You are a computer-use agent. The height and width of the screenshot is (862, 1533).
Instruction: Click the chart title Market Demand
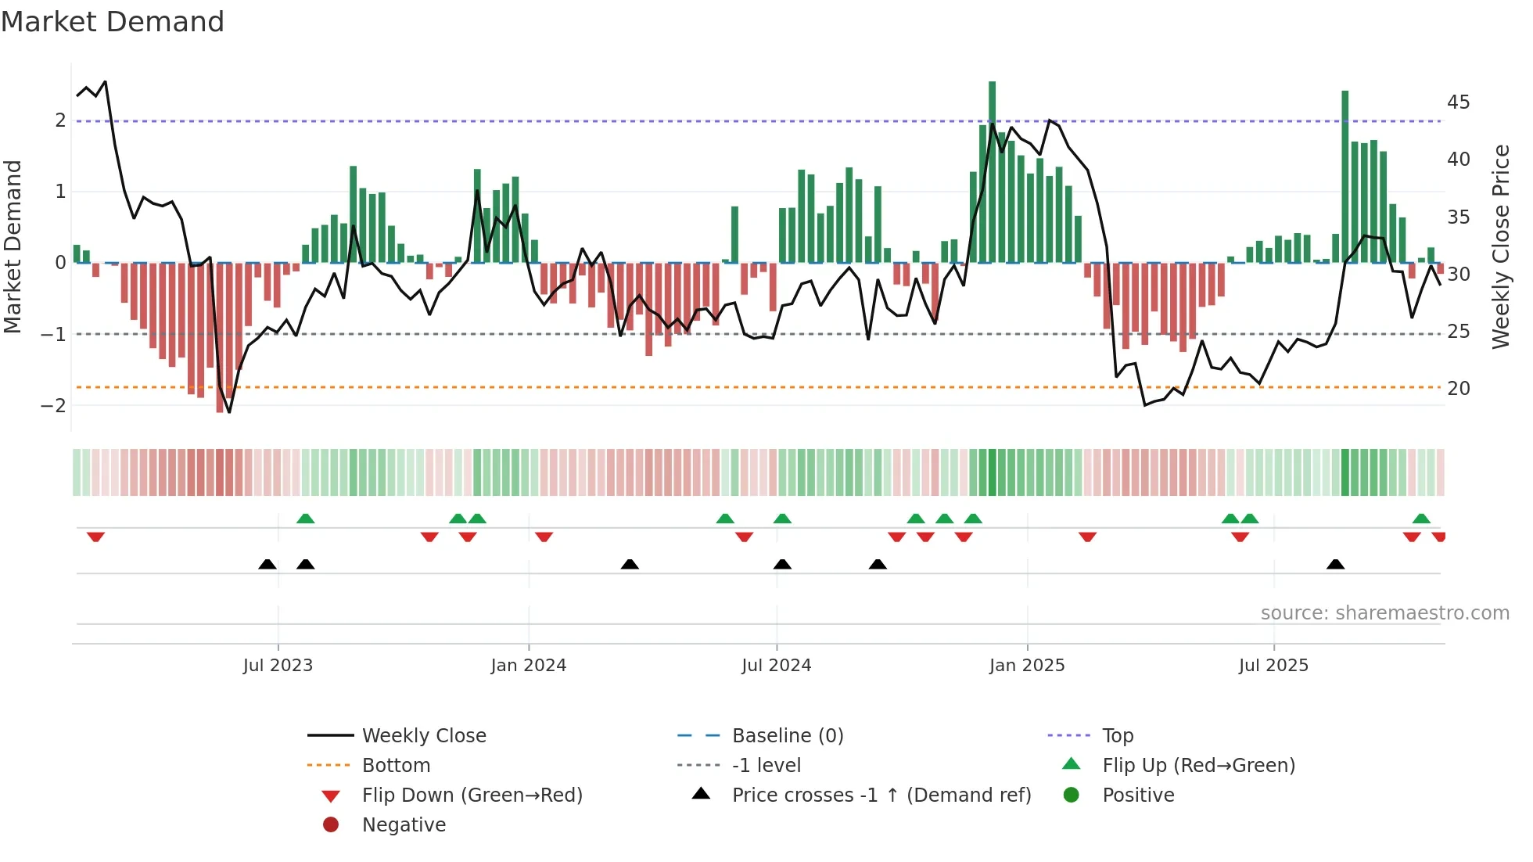pos(113,22)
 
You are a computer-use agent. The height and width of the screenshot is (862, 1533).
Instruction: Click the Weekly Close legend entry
pos(423,735)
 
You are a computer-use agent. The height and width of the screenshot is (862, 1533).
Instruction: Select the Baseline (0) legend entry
pos(787,735)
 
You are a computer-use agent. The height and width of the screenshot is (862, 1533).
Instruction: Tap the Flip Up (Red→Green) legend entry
pos(1197,765)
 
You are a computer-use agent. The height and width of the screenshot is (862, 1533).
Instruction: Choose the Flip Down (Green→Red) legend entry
pos(472,795)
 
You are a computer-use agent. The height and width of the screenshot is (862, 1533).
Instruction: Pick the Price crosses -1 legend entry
pos(881,795)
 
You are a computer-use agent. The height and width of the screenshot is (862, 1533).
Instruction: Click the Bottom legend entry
pos(396,765)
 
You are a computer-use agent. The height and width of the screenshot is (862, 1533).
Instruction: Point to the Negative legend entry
pos(403,824)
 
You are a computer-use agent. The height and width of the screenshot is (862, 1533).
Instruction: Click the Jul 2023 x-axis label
pos(278,666)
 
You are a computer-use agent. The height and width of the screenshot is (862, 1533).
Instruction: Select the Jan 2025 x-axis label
pos(1026,666)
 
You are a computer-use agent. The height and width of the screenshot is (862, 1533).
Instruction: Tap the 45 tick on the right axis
pos(1458,102)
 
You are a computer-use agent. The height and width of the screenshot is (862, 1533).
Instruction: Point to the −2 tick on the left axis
pos(53,405)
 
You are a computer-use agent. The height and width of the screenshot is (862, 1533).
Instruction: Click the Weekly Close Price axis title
pos(1500,246)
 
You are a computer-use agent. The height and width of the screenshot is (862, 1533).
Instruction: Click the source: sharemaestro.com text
pos(1384,612)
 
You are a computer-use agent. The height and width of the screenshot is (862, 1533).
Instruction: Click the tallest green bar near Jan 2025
pos(992,172)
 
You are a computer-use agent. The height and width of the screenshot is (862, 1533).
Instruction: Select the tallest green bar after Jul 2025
pos(1345,176)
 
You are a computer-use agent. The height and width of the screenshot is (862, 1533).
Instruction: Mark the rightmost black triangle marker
pos(1335,565)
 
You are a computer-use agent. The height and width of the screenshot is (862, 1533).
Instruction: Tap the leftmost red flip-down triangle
pos(95,537)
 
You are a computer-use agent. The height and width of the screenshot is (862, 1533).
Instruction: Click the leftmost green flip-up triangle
pos(306,519)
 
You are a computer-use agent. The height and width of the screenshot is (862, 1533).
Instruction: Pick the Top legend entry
pos(1117,735)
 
